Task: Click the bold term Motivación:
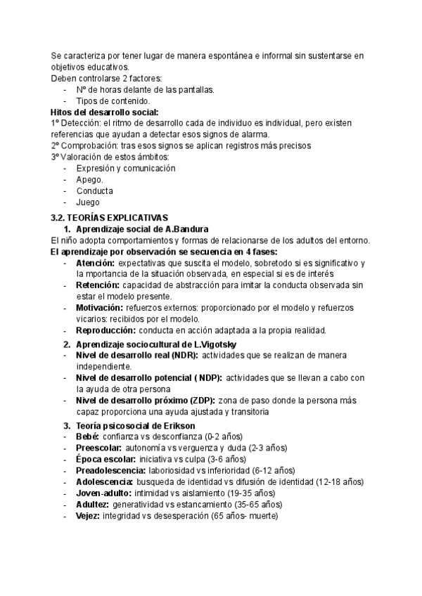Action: click(101, 308)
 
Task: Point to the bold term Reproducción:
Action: click(105, 330)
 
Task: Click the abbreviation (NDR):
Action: click(181, 356)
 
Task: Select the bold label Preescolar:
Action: click(98, 448)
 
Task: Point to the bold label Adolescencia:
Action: click(104, 481)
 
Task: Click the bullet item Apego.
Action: click(89, 179)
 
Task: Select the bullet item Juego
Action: click(87, 202)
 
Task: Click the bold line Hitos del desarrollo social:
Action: click(105, 112)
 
